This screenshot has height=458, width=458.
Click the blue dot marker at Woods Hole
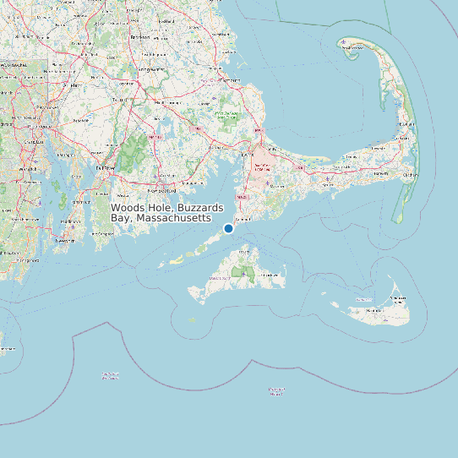(x=228, y=228)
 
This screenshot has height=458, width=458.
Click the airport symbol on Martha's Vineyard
(x=244, y=274)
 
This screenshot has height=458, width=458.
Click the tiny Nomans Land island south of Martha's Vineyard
(x=193, y=319)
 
